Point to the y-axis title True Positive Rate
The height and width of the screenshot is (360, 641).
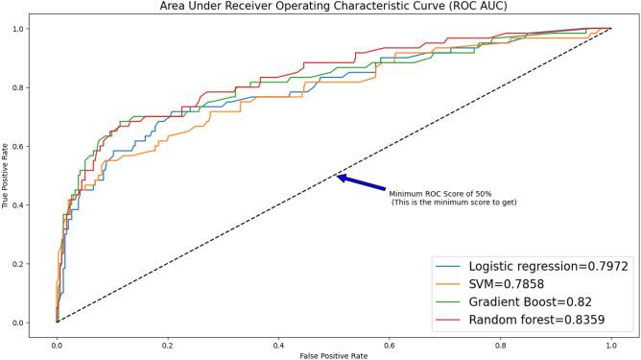(x=7, y=175)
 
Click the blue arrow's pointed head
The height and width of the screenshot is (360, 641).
(x=339, y=176)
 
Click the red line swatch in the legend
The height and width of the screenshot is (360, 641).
(x=449, y=318)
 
